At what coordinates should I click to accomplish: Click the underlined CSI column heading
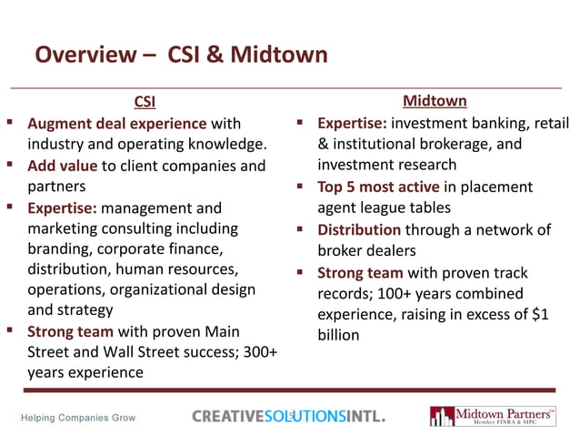pos(145,101)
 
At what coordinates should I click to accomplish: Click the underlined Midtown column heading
pos(435,100)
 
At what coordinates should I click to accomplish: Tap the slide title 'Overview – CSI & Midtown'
pos(181,55)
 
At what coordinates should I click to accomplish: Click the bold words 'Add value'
pos(62,166)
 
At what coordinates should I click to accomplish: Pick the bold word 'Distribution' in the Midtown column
pos(358,230)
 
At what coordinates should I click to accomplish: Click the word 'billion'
pos(338,335)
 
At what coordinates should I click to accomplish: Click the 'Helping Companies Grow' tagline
pos(78,418)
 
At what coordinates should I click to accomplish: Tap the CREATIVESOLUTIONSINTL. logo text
pos(288,417)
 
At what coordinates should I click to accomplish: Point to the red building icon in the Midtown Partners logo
pos(442,417)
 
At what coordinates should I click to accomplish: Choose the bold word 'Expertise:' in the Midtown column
pos(352,123)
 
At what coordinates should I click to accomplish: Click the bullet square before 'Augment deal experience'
pos(8,122)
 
